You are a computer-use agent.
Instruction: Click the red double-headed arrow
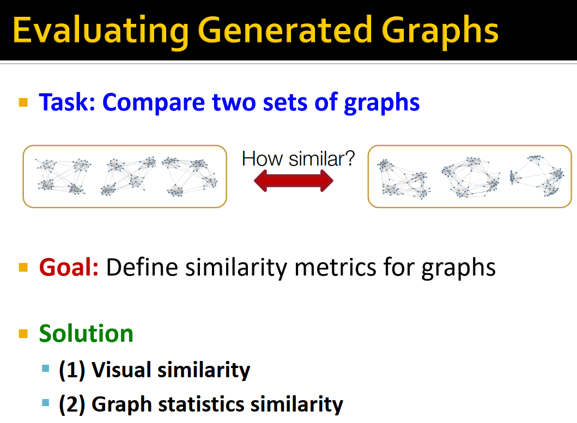tap(294, 180)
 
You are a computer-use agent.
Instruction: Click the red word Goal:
tap(69, 267)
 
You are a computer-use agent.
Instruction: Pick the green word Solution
tap(86, 333)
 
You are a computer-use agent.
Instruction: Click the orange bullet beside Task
tap(23, 102)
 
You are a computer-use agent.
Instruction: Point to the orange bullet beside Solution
tap(23, 333)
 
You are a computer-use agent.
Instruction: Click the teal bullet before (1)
tap(45, 370)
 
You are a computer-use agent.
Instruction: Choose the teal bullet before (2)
tap(45, 403)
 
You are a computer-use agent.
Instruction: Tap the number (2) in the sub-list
tap(72, 404)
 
